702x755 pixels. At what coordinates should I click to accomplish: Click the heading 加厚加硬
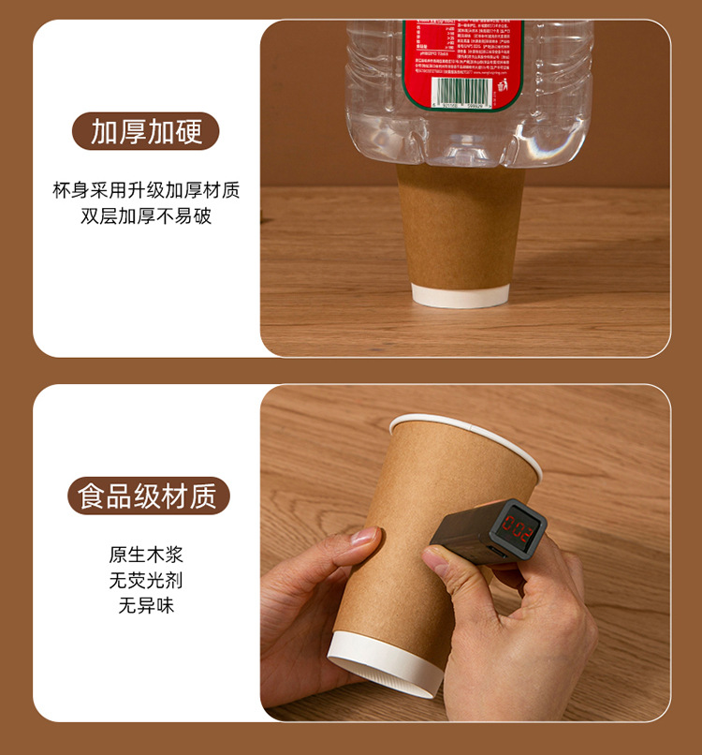(146, 131)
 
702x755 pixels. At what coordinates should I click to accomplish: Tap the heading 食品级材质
(147, 495)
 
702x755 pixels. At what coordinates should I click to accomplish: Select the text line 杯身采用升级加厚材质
(146, 190)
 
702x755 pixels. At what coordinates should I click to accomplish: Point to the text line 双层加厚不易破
(146, 216)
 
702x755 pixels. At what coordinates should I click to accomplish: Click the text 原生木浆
(146, 554)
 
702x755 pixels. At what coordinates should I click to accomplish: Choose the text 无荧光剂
(146, 580)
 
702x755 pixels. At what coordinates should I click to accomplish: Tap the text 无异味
(146, 605)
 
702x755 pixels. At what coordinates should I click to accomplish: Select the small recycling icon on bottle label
(502, 86)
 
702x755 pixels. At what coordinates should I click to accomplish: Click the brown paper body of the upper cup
(461, 225)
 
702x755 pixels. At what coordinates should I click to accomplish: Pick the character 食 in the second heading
(91, 495)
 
